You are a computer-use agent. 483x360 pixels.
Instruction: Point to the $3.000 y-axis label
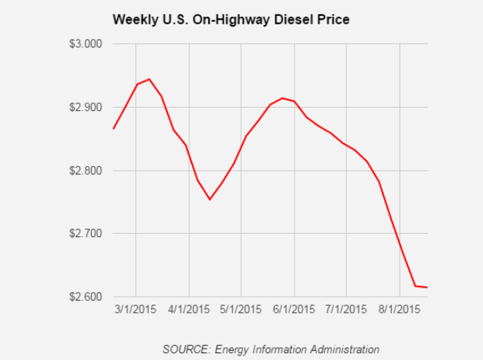pos(85,44)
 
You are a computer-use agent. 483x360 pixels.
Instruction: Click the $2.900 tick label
pos(85,107)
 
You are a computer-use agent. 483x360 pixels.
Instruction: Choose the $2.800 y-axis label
pos(85,171)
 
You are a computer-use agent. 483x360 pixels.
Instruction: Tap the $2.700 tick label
pos(85,234)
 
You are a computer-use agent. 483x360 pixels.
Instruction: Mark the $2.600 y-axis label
pos(85,297)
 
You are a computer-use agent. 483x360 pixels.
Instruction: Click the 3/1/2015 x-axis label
pos(136,310)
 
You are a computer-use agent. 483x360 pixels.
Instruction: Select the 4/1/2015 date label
pos(188,310)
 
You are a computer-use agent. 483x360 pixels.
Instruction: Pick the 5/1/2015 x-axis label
pos(241,310)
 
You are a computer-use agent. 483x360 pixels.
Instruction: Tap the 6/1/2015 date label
pos(294,310)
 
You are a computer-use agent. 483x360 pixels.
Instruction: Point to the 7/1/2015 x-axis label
pos(346,310)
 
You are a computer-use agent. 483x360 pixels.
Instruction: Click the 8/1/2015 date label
pos(399,310)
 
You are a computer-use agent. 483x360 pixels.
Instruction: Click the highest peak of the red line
pos(149,79)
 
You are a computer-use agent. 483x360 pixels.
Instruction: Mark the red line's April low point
pos(210,199)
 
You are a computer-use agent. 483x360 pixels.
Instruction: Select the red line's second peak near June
pos(283,98)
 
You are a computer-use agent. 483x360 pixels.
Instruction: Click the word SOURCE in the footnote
pos(184,349)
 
